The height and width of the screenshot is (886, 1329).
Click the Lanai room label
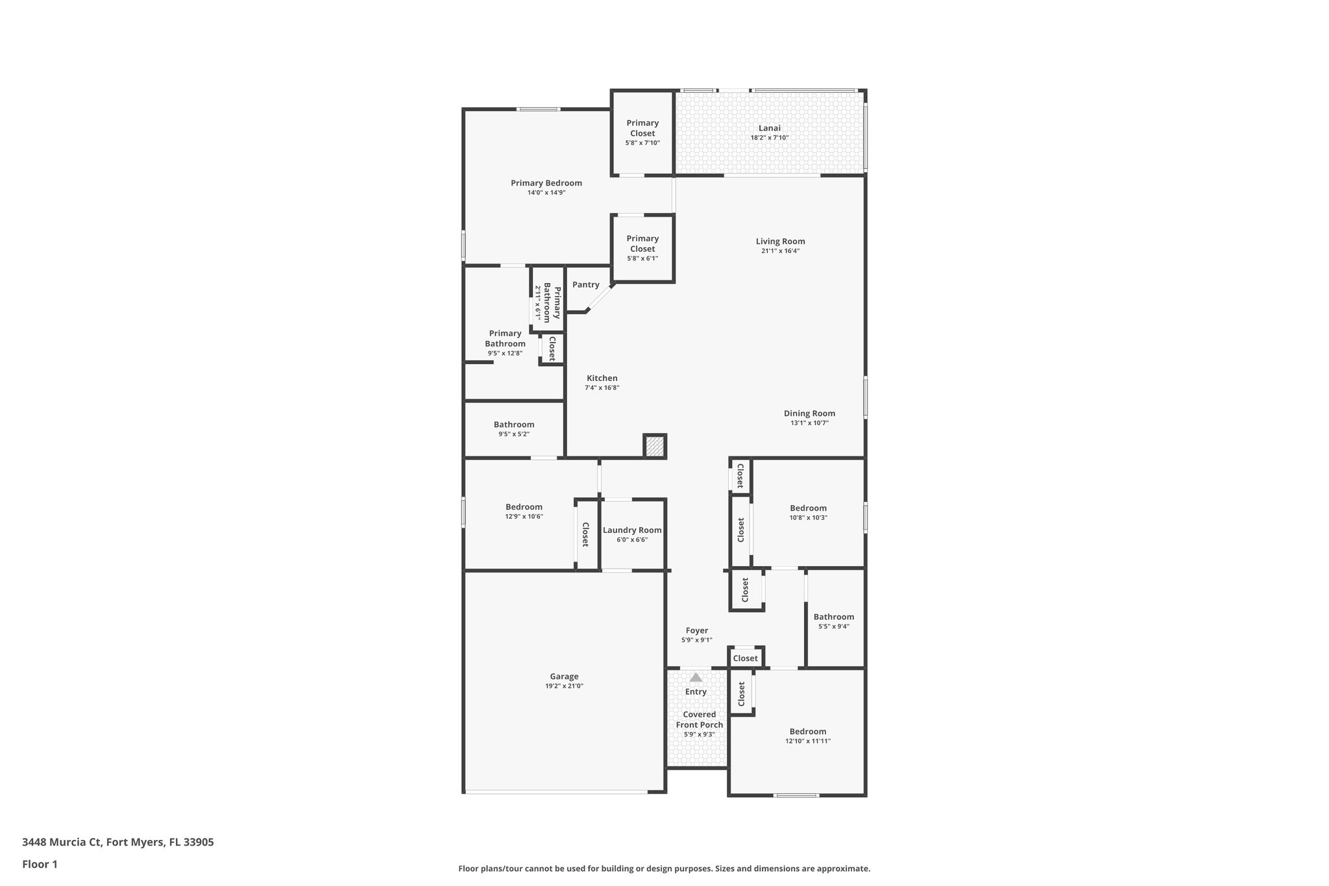(770, 128)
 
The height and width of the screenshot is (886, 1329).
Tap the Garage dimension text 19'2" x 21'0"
(564, 686)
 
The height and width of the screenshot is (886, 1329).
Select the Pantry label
(585, 284)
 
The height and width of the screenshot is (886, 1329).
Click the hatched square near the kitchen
(655, 446)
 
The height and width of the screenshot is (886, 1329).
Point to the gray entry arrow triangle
(696, 677)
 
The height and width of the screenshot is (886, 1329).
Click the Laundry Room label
(632, 530)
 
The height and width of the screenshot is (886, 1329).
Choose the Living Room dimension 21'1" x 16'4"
(780, 251)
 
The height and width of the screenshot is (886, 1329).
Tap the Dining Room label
(809, 413)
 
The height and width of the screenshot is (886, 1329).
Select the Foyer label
(697, 630)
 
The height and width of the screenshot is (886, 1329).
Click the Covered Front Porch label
(699, 719)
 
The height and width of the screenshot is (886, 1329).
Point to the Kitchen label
(602, 378)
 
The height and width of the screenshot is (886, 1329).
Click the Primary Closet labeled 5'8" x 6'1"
(642, 244)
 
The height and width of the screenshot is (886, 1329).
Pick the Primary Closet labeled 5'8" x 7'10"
(642, 129)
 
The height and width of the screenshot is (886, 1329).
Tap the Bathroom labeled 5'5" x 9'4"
(834, 617)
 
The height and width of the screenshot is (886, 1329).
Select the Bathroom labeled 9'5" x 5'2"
(514, 425)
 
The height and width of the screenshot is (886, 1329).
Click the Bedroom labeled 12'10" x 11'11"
(808, 732)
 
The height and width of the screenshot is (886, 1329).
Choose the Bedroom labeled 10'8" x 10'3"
(808, 508)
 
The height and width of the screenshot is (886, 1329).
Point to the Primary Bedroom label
(546, 183)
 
